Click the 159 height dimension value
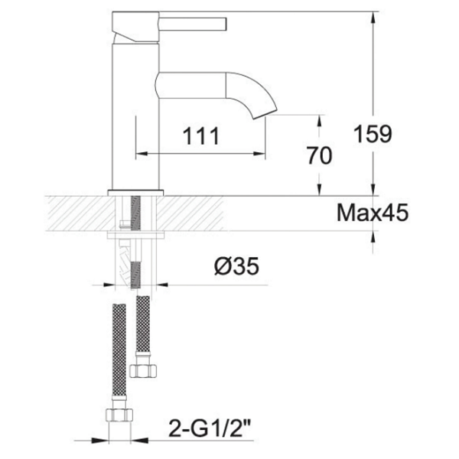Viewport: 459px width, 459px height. click(x=373, y=133)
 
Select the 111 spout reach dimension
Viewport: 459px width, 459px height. click(x=200, y=136)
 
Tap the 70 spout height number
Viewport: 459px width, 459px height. click(x=319, y=155)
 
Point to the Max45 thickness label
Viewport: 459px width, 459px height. click(x=372, y=213)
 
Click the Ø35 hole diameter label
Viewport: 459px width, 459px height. click(x=236, y=266)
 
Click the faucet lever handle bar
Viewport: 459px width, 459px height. click(x=193, y=24)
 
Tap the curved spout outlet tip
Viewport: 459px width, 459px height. click(x=265, y=113)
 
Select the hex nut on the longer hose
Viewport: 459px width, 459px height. click(x=119, y=415)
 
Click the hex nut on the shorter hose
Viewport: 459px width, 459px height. click(x=143, y=370)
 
